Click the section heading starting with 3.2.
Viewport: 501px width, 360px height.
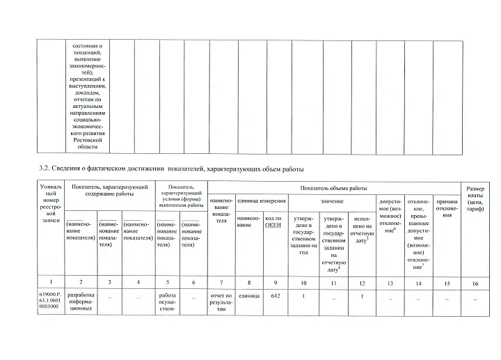click(171, 169)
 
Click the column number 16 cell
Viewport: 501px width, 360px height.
click(475, 282)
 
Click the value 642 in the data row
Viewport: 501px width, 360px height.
click(276, 297)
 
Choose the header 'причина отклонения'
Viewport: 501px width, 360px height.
click(447, 208)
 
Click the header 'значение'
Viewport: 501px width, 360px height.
click(332, 201)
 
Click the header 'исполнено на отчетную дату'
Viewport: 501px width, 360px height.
click(362, 230)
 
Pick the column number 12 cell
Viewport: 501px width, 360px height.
click(362, 282)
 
